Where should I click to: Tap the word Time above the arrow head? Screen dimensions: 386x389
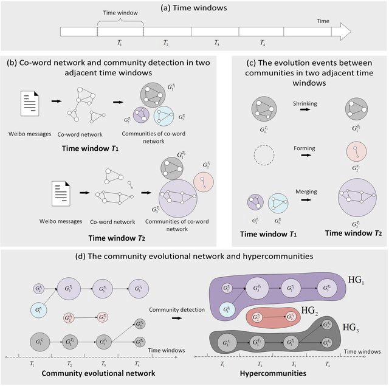click(323, 21)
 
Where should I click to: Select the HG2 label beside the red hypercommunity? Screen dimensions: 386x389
click(310, 311)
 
